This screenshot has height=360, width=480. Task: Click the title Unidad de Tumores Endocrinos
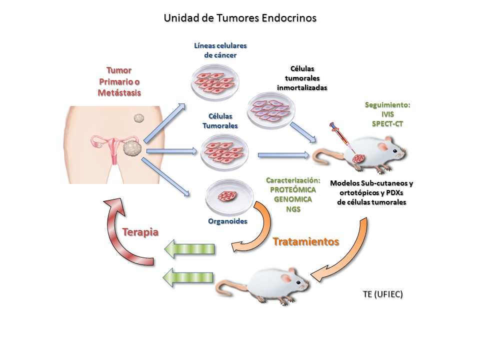click(240, 18)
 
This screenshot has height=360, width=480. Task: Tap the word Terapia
click(140, 232)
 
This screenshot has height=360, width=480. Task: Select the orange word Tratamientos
click(306, 241)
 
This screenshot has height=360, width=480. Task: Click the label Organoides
click(227, 221)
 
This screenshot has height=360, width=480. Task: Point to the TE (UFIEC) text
click(383, 294)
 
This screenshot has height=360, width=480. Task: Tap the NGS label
click(293, 209)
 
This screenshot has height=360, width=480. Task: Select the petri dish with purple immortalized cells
click(271, 108)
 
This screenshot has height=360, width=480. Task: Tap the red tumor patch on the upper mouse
click(358, 159)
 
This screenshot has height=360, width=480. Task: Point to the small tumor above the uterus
click(138, 118)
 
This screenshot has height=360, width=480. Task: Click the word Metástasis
click(119, 92)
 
